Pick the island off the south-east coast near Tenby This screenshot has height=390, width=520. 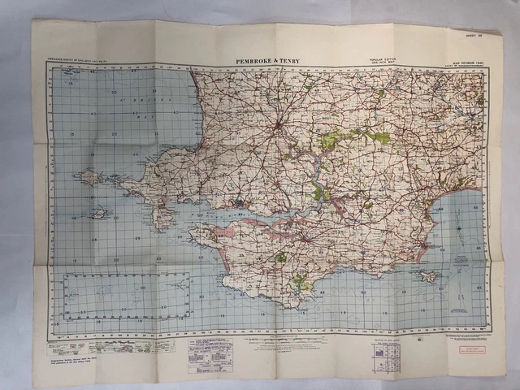click(429, 276)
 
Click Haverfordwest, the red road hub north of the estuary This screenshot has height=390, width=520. click(278, 127)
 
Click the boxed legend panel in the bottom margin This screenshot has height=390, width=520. click(210, 355)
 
